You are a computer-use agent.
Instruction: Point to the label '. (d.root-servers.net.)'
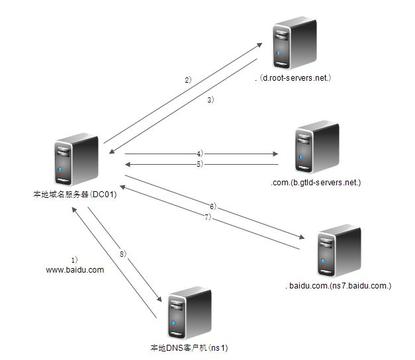tap(292, 78)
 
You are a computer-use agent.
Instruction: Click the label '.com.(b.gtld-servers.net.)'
tap(316, 182)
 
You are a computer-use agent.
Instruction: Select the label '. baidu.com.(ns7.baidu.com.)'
tap(340, 286)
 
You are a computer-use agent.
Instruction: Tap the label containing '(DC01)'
tap(75, 195)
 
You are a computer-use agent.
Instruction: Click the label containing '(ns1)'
tap(189, 347)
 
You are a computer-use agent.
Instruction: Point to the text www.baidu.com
tap(75, 269)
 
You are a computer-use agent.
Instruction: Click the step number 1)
tap(74, 259)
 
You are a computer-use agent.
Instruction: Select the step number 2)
tap(188, 79)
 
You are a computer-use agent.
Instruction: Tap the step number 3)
tap(210, 100)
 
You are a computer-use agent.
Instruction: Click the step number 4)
tap(199, 153)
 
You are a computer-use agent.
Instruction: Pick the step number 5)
tap(199, 163)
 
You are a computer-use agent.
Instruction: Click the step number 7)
tap(207, 217)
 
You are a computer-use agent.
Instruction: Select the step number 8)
tap(122, 253)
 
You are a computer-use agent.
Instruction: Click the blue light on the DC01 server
tap(60, 170)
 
